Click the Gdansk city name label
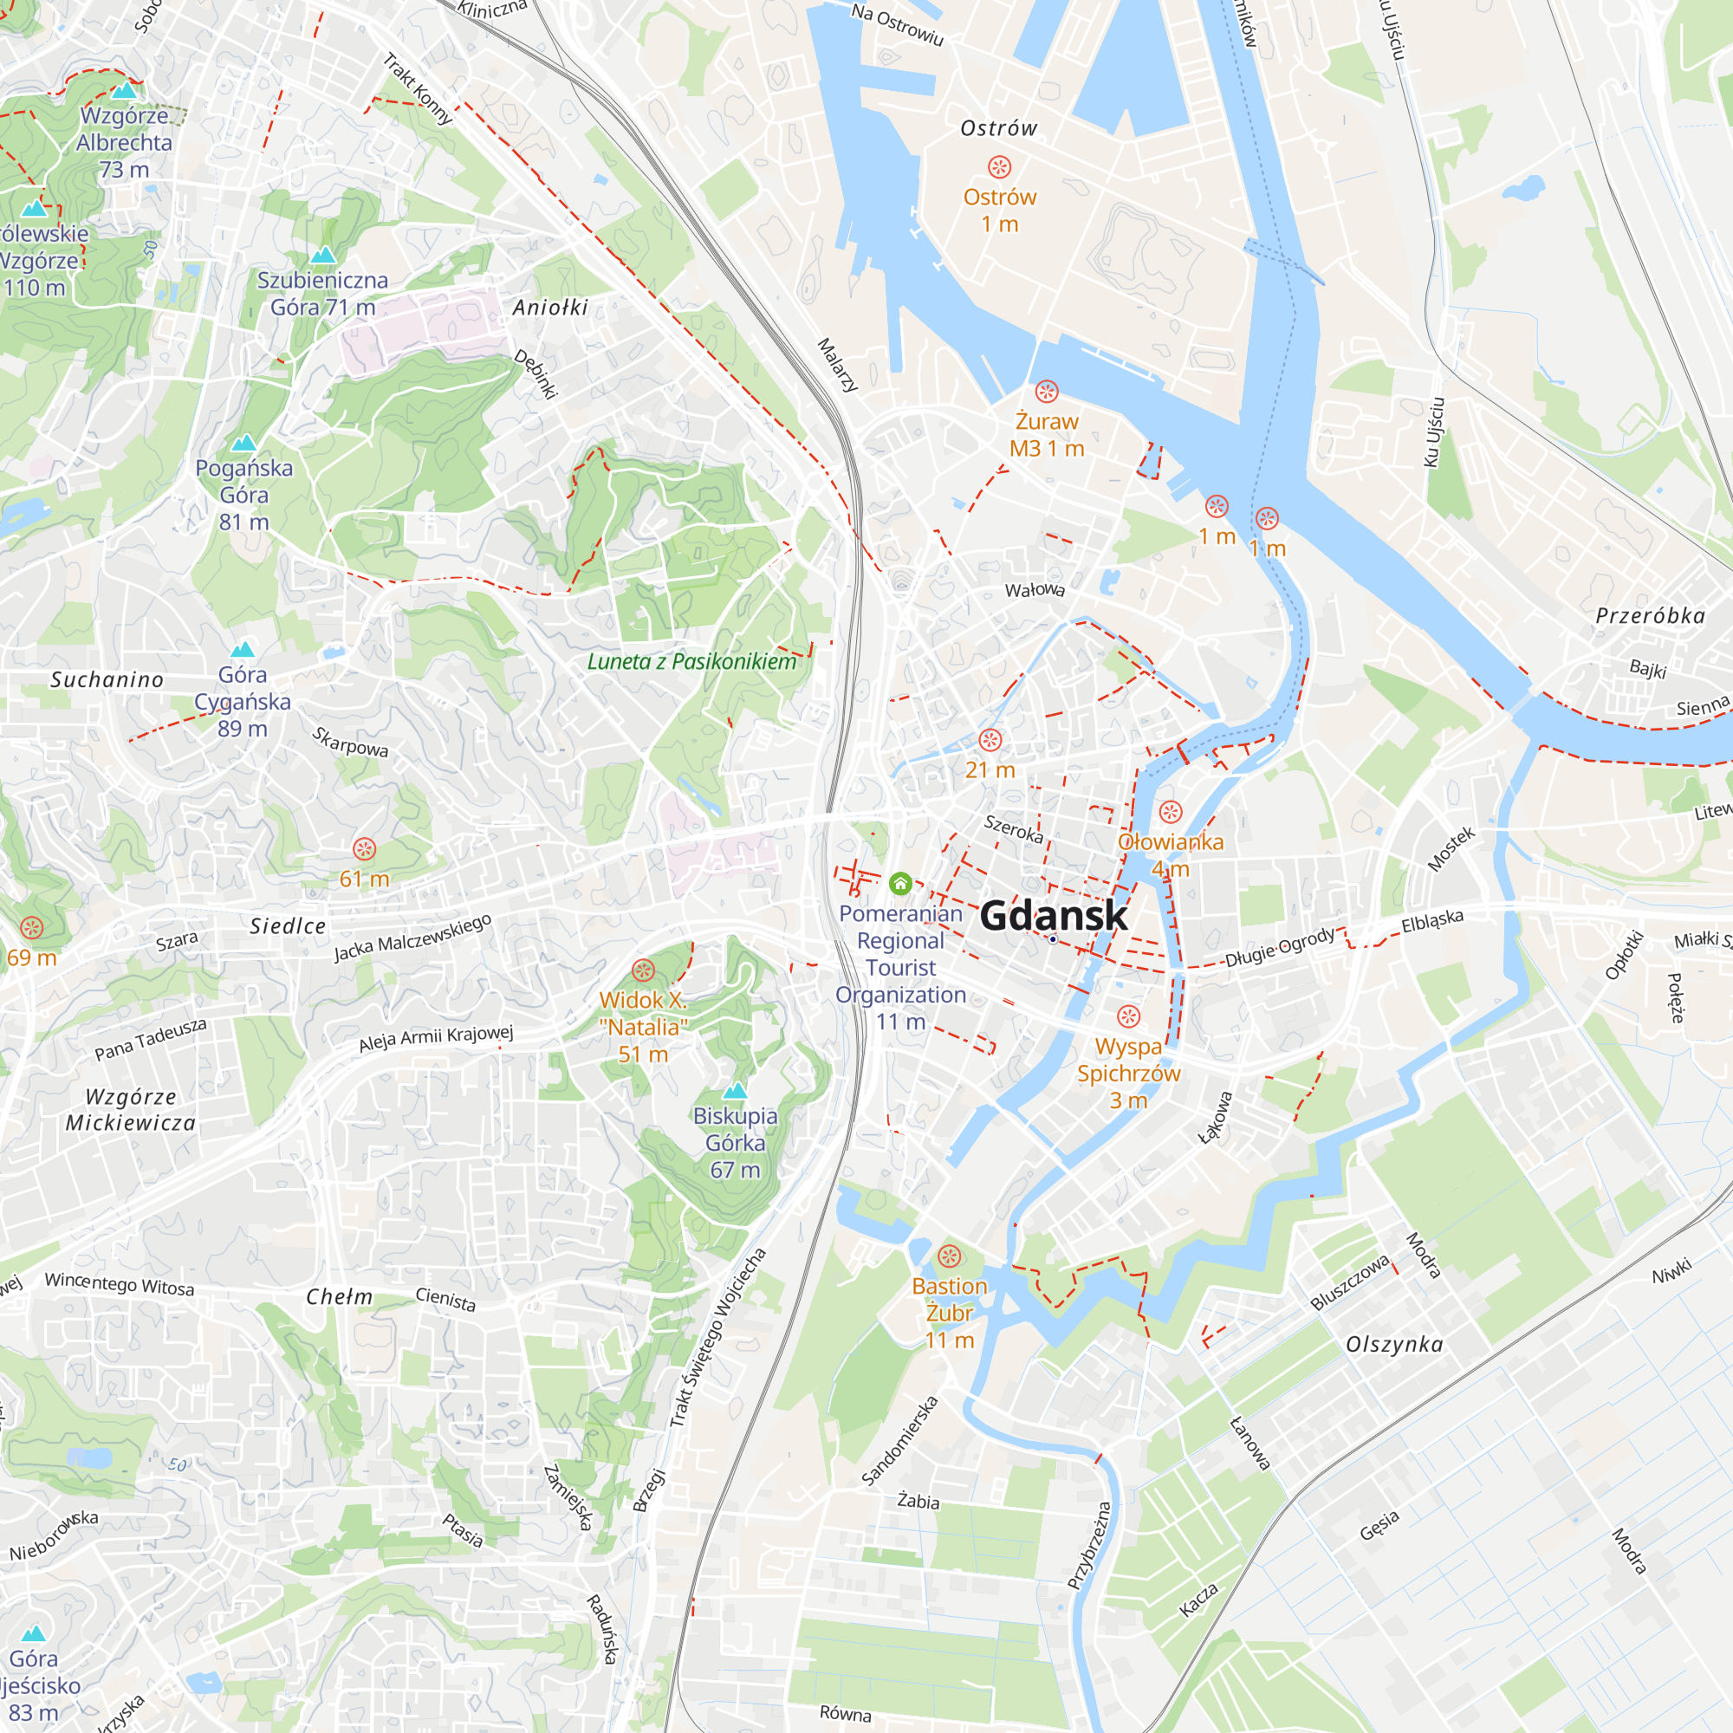pos(1053,916)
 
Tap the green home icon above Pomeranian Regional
pos(900,884)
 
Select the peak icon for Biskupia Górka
pos(735,1091)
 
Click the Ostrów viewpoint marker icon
pos(999,167)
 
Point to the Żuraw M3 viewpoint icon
pos(1047,391)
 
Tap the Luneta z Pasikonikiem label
pos(691,662)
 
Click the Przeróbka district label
pos(1650,615)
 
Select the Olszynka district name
pos(1395,1344)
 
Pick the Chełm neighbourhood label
pos(339,1297)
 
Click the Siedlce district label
pos(288,925)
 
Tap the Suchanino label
pos(107,680)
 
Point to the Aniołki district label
pos(550,308)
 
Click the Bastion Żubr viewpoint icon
pos(949,1256)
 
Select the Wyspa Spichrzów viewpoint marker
pos(1128,1016)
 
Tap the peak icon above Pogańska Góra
pos(244,443)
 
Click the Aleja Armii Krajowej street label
pos(436,1038)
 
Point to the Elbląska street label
pos(1432,920)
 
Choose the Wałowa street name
pos(1035,589)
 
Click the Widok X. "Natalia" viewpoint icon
pos(643,970)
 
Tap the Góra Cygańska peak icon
pos(243,649)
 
